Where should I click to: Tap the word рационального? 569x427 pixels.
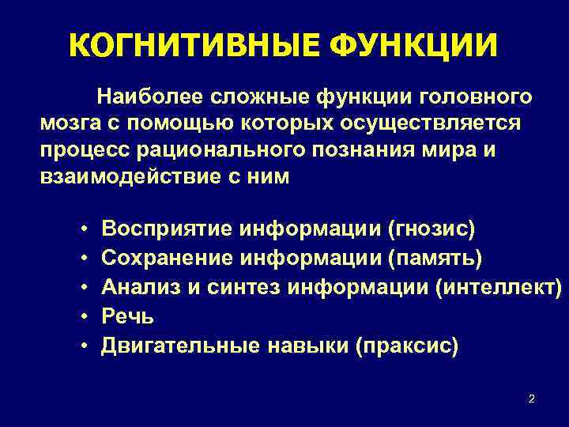point(227,150)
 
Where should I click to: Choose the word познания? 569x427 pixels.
point(382,150)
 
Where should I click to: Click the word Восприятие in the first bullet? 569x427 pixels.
point(168,229)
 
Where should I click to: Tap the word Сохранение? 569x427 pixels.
point(168,259)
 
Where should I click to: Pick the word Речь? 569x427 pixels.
point(128,316)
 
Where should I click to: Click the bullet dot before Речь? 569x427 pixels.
point(83,317)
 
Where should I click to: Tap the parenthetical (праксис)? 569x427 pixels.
point(406,346)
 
